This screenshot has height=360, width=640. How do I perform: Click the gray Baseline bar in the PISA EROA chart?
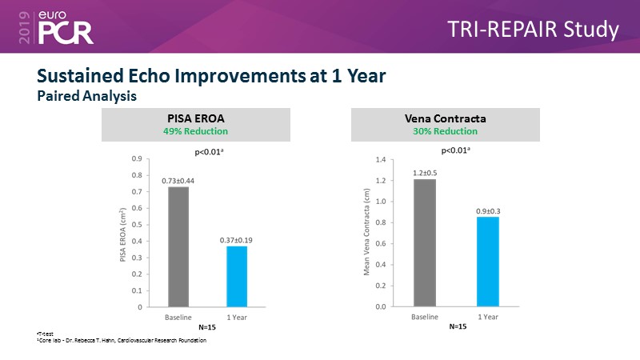pyautogui.click(x=178, y=246)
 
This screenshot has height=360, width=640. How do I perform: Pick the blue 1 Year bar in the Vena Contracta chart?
pyautogui.click(x=488, y=262)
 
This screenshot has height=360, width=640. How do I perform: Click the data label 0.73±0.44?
pyautogui.click(x=178, y=181)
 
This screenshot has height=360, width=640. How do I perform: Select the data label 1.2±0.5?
pyautogui.click(x=425, y=173)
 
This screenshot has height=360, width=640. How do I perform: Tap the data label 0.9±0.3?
pyautogui.click(x=488, y=210)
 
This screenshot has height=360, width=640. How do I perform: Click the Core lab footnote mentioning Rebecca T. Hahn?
pyautogui.click(x=122, y=341)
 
